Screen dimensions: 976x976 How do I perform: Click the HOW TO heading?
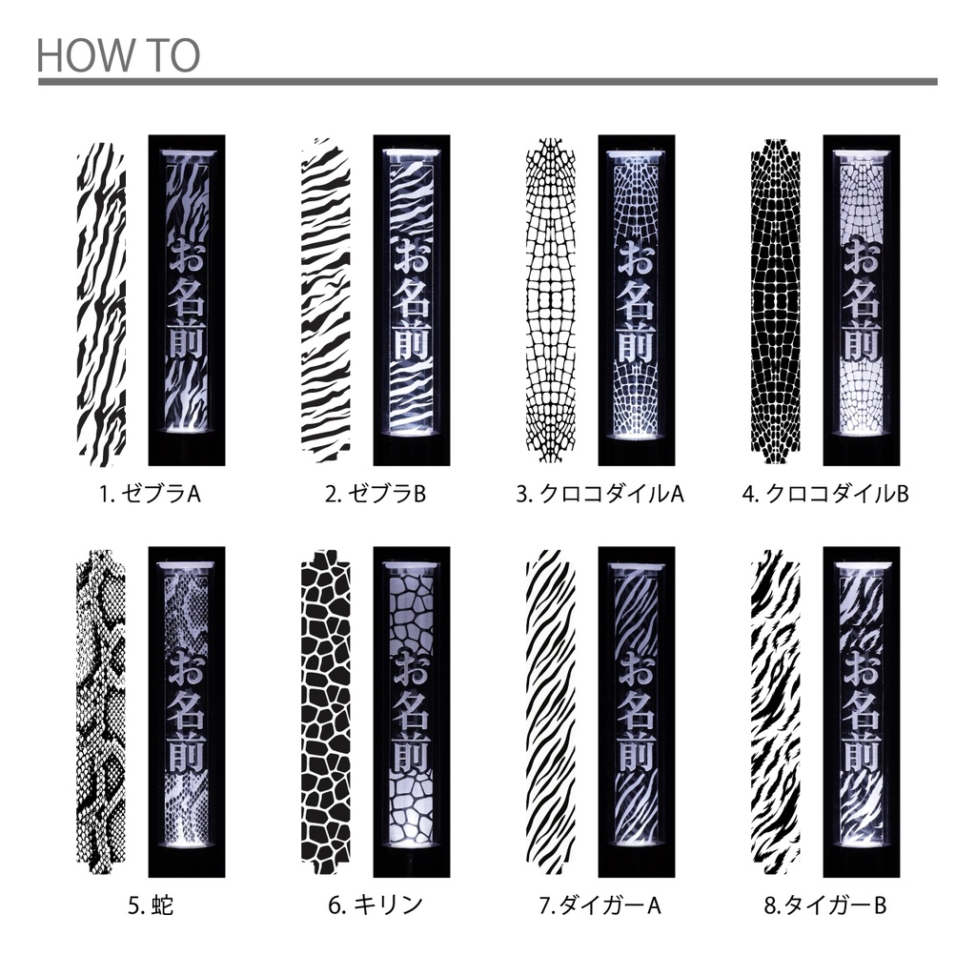point(118,55)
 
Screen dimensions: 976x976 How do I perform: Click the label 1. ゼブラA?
point(150,494)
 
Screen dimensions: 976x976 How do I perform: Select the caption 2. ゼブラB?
point(376,494)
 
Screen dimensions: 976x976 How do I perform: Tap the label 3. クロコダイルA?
point(600,494)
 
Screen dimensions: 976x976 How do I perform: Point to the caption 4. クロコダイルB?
point(825,494)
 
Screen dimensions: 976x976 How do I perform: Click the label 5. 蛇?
point(151,905)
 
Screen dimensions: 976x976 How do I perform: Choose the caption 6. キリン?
point(376,905)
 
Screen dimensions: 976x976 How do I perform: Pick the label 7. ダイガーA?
point(600,905)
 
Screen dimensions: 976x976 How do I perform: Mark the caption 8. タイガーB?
point(825,905)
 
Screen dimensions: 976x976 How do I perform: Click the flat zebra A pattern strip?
point(101,304)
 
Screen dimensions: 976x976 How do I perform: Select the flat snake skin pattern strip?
point(101,712)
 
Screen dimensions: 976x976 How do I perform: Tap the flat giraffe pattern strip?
point(326,712)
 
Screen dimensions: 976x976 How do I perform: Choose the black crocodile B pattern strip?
point(776,301)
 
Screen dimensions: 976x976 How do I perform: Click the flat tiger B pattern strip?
point(776,712)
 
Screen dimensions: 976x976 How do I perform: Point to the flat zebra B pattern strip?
point(326,300)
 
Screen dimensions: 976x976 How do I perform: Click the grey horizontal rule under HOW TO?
point(487,82)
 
